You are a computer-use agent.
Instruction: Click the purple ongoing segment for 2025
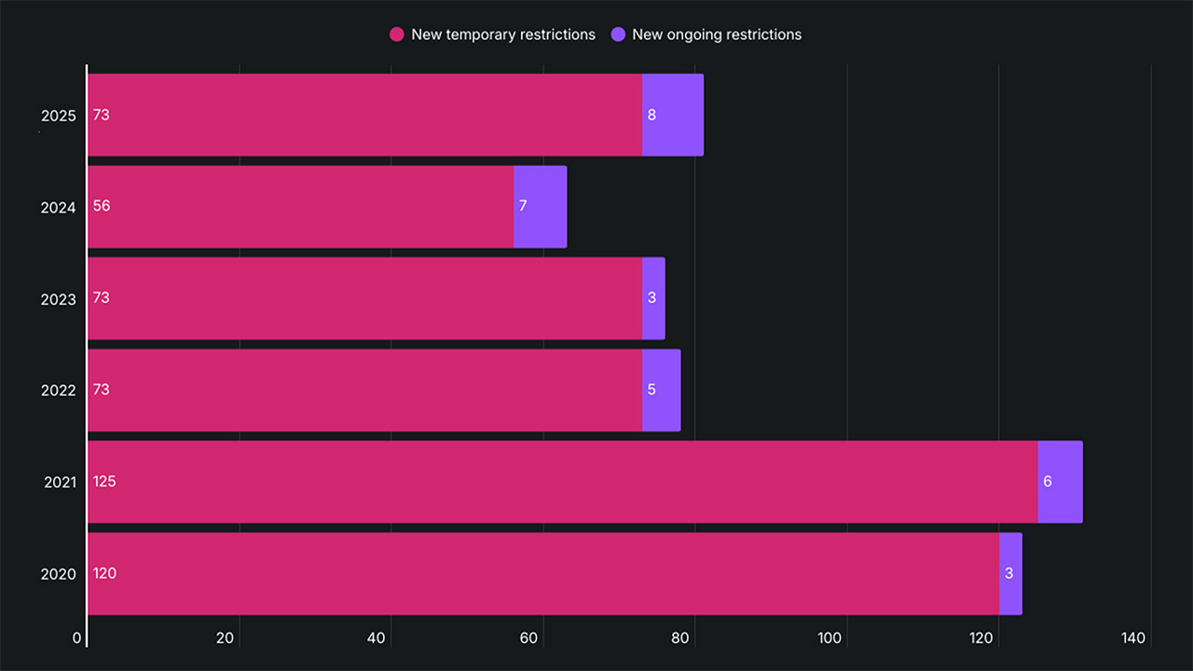click(673, 115)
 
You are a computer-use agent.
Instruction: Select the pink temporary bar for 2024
click(300, 207)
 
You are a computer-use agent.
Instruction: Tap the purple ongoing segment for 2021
click(1060, 482)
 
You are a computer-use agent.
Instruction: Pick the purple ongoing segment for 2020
click(1010, 573)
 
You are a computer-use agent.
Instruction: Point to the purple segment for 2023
click(653, 298)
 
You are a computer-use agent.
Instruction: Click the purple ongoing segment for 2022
click(661, 390)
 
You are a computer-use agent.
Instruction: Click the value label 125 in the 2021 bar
click(104, 482)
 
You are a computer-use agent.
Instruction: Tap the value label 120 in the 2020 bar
click(104, 573)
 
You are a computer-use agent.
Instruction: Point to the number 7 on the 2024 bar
click(523, 206)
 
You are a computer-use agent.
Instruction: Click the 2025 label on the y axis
click(58, 116)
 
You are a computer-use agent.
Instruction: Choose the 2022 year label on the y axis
click(58, 391)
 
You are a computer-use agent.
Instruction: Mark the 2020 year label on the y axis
click(58, 575)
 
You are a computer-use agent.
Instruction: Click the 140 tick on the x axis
click(1133, 638)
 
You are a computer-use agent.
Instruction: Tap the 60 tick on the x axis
click(528, 638)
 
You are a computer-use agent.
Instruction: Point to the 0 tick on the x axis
click(77, 638)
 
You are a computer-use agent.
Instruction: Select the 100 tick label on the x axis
click(830, 638)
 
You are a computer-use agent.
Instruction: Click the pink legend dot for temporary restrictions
click(396, 34)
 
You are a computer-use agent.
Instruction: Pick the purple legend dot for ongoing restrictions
click(617, 34)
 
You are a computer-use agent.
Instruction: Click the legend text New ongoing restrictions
click(717, 34)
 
